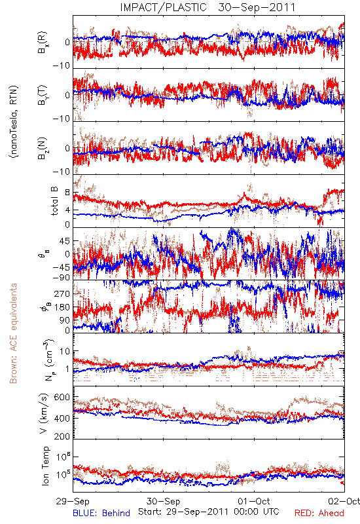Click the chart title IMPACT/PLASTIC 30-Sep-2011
[x=207, y=7]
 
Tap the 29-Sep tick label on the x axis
[x=73, y=501]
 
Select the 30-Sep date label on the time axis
[x=163, y=501]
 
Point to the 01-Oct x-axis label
[x=254, y=501]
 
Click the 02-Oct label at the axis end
[x=344, y=501]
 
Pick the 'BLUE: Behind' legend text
[x=101, y=513]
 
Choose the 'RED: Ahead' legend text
[x=319, y=513]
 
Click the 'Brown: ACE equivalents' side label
[x=13, y=333]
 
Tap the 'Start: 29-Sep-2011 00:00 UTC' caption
[x=209, y=512]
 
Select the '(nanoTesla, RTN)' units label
[x=14, y=122]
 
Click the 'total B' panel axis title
[x=54, y=201]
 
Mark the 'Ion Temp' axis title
[x=45, y=466]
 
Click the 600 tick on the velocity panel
[x=62, y=398]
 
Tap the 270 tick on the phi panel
[x=62, y=293]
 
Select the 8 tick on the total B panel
[x=67, y=193]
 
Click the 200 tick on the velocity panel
[x=62, y=436]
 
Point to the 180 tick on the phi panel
[x=62, y=307]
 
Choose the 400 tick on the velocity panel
[x=62, y=418]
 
